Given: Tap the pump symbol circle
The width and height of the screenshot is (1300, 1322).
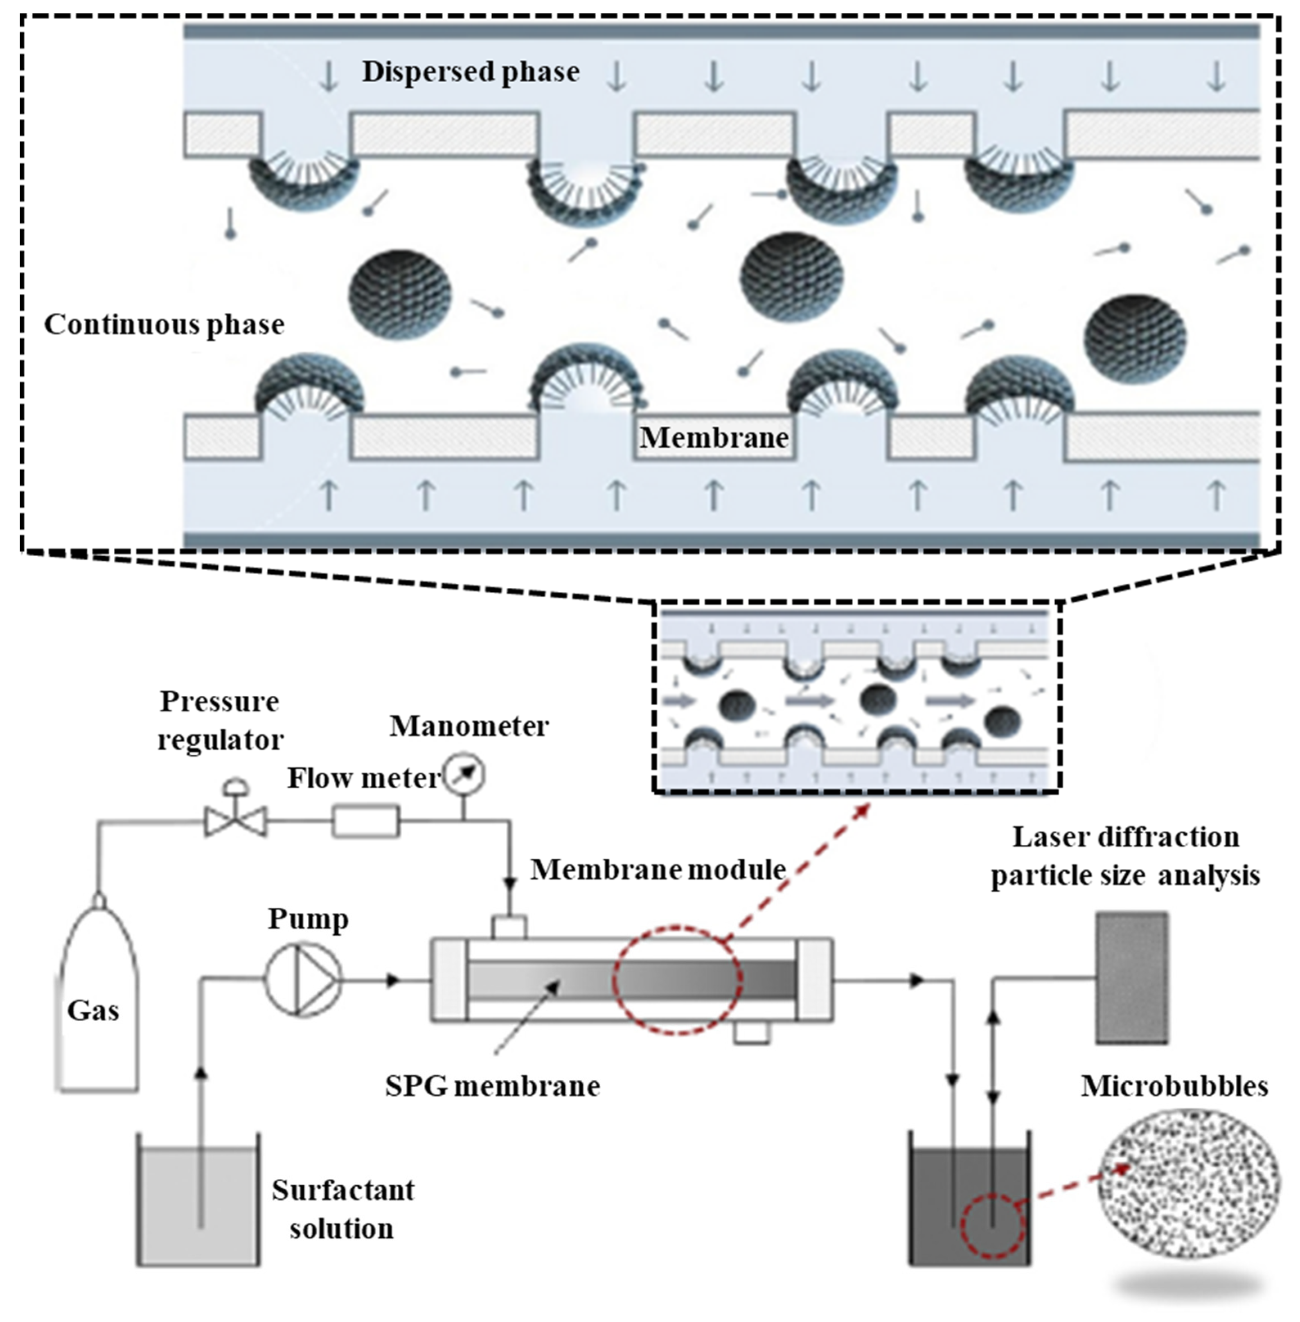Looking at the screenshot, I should pos(303,980).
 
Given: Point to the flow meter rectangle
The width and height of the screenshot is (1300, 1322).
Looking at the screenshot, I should pos(366,821).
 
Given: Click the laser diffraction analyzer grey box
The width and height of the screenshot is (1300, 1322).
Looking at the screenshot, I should pos(1131,977).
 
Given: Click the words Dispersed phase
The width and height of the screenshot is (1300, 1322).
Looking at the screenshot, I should pos(471,72).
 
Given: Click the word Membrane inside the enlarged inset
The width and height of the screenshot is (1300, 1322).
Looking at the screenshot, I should pos(714,438).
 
